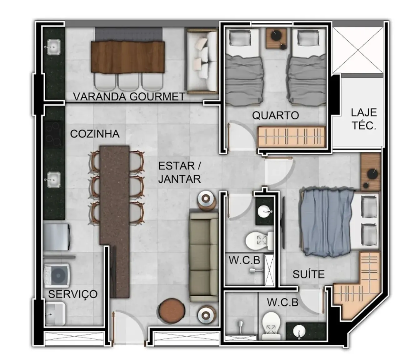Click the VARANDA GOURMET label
click(x=129, y=97)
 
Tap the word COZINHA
click(x=95, y=134)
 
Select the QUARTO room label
click(x=275, y=116)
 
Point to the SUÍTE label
click(x=308, y=274)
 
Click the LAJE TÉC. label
click(x=364, y=119)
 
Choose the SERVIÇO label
click(x=73, y=294)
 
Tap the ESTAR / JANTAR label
click(x=179, y=172)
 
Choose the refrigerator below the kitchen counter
click(x=56, y=236)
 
